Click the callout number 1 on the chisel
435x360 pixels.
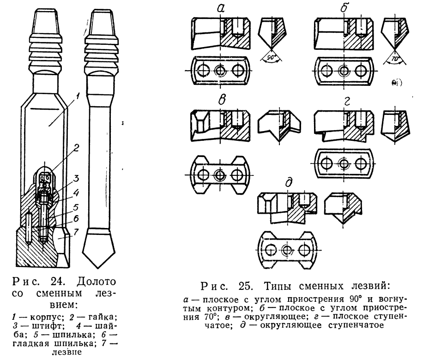tap(78, 97)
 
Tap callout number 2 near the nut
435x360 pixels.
tap(76, 148)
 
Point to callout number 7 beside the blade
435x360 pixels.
tap(76, 232)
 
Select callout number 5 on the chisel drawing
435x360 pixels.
tap(75, 207)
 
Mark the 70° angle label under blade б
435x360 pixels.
tap(394, 59)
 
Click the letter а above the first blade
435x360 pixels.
tap(221, 9)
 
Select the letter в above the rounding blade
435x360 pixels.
tap(222, 100)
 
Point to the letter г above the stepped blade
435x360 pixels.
tap(346, 101)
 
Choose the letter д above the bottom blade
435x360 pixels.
tap(289, 183)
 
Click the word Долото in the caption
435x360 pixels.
tap(96, 282)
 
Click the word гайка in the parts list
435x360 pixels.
tap(103, 317)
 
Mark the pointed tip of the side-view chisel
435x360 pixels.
tap(97, 268)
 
